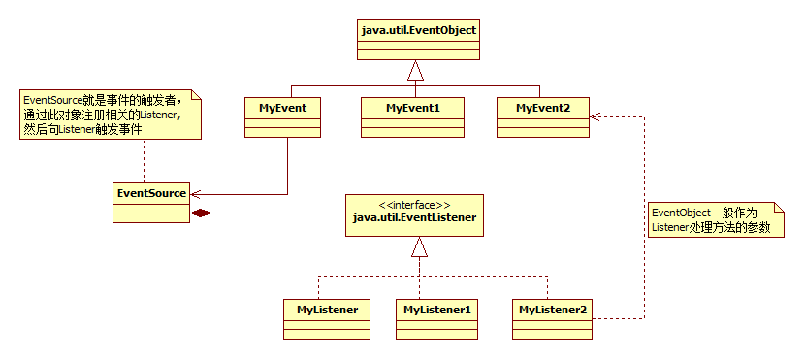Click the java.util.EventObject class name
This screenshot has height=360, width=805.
coord(418,30)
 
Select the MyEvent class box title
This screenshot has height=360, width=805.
coord(282,109)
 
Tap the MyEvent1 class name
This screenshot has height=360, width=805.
coord(413,109)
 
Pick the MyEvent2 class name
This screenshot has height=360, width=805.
coord(543,109)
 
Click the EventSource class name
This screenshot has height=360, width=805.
coord(151,193)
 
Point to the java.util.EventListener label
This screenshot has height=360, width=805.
coord(414,217)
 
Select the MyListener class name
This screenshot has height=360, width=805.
coord(327,310)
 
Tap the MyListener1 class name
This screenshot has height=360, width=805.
coord(437,310)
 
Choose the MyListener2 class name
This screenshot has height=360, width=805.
coord(553,310)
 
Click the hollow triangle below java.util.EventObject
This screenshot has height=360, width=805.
coord(416,72)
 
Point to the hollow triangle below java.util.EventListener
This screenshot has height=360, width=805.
coord(419,247)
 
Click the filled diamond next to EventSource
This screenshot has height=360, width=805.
coord(200,213)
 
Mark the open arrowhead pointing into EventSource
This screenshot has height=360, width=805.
coord(196,194)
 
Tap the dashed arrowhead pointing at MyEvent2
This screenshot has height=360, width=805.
coord(596,116)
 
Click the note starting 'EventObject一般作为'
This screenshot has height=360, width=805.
coord(716,219)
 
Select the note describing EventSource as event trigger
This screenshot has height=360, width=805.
coord(111,113)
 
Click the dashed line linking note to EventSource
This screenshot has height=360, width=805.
coord(144,160)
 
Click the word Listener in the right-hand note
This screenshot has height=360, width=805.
coord(669,227)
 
